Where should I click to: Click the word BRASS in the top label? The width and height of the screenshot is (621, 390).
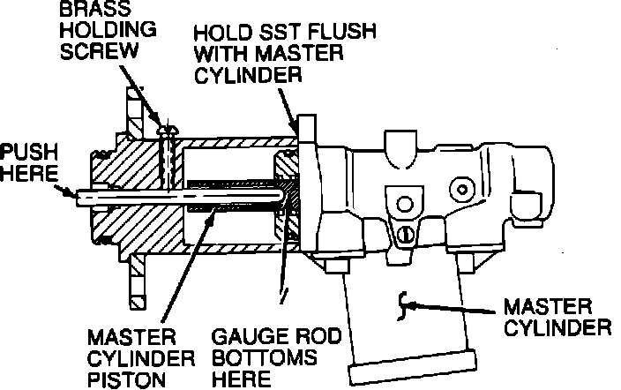tap(94, 8)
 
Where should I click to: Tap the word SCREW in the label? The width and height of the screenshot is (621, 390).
tap(100, 50)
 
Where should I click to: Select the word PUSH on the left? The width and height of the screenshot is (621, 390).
tap(29, 152)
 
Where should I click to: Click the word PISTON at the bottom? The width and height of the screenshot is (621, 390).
tap(126, 379)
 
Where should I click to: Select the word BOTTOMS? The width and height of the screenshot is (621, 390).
tap(264, 357)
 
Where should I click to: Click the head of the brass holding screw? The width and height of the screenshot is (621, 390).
tap(168, 130)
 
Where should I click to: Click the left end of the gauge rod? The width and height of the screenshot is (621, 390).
tap(78, 197)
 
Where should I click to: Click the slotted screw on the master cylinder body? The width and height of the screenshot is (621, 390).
tap(405, 234)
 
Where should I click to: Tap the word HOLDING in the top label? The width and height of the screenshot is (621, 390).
tap(108, 29)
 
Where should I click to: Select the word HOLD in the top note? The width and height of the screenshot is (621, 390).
tap(223, 32)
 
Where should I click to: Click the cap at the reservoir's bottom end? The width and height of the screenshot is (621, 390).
tap(412, 367)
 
